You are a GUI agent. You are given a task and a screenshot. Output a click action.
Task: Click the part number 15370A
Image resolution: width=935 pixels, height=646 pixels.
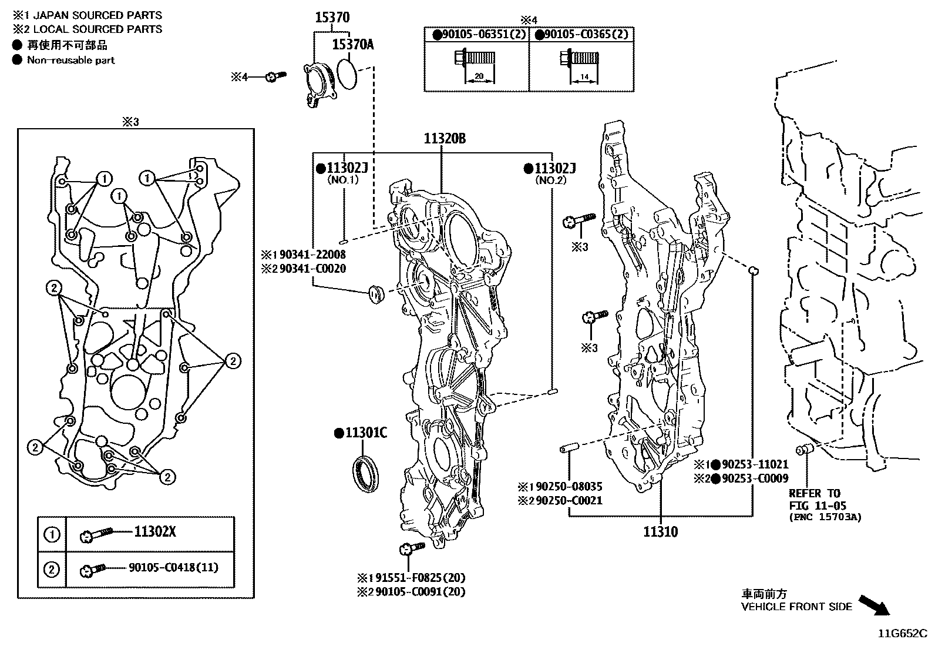click(x=352, y=44)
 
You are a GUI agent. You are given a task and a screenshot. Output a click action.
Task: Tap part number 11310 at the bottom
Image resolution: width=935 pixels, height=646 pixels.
click(x=660, y=532)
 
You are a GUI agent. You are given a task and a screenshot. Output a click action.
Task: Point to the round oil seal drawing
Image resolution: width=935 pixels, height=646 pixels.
click(x=365, y=470)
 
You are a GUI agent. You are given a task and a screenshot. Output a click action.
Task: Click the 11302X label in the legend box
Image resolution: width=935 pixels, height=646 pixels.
click(x=155, y=533)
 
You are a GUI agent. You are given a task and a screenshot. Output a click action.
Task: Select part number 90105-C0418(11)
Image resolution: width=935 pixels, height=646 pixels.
click(x=173, y=568)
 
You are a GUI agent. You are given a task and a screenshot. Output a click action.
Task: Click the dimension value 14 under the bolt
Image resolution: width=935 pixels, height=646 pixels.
click(x=584, y=77)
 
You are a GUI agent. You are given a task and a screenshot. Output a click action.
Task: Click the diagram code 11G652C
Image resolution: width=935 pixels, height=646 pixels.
click(x=902, y=634)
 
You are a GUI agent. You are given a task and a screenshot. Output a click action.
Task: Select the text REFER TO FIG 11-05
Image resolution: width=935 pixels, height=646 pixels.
click(x=814, y=499)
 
